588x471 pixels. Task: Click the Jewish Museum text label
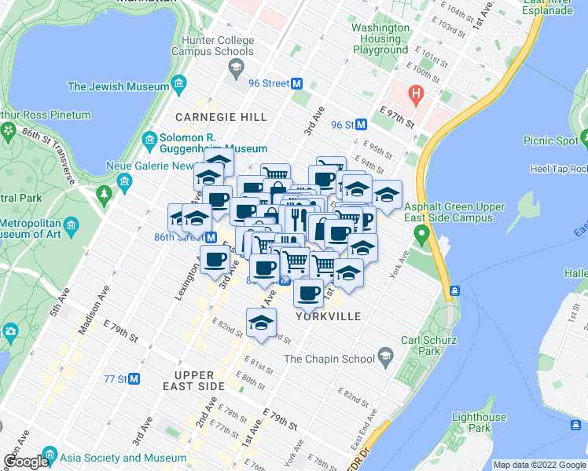[x=119, y=86]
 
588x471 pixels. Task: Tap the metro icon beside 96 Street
[x=297, y=83]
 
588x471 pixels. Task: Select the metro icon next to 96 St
[x=362, y=124]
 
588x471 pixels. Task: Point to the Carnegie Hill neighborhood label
[x=221, y=117]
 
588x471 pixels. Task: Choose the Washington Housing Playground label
[x=380, y=38]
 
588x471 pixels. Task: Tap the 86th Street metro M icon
[x=211, y=237]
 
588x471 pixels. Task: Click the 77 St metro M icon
[x=134, y=378]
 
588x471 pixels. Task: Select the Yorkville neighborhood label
[x=329, y=316]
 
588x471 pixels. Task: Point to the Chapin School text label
[x=329, y=359]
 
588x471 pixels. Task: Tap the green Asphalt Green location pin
[x=422, y=233]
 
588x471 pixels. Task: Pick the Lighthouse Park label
[x=479, y=422]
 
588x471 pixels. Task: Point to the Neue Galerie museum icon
[x=124, y=183]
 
